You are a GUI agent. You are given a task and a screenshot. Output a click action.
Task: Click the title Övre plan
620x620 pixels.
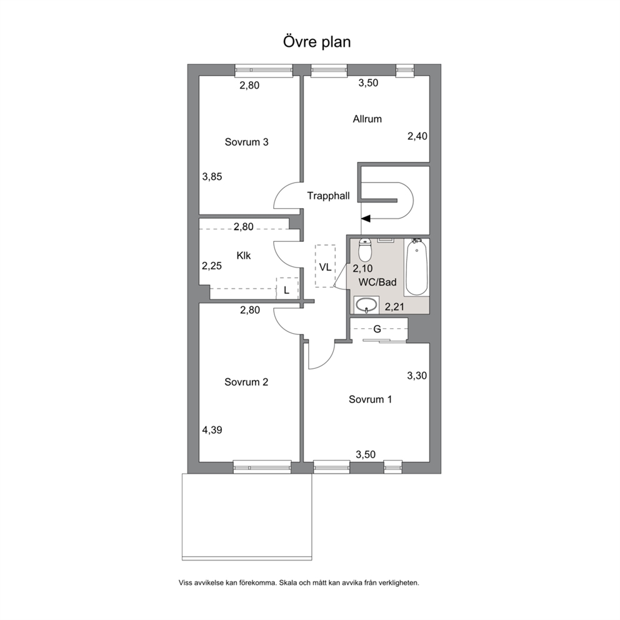317,42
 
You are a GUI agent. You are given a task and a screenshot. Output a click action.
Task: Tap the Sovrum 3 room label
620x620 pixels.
247,142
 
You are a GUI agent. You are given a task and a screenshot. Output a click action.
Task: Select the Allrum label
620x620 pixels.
367,119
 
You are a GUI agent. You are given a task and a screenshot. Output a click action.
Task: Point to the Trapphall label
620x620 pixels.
329,196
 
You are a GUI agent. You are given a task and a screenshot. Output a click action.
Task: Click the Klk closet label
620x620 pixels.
244,256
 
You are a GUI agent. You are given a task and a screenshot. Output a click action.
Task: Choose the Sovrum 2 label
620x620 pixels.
246,382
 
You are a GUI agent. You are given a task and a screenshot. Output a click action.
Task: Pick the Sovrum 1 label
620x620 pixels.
370,399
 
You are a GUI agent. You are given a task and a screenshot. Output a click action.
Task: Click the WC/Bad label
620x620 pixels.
377,282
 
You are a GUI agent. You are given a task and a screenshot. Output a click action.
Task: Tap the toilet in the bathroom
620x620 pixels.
364,249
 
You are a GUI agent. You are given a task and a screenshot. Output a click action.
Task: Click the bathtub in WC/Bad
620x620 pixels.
417,267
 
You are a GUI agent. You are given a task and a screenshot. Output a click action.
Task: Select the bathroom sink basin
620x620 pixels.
366,305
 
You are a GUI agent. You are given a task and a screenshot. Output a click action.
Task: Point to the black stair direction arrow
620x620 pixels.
366,218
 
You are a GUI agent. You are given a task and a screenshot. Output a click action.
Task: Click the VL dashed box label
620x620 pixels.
325,267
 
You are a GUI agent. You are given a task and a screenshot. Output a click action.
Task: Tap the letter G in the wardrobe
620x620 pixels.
377,329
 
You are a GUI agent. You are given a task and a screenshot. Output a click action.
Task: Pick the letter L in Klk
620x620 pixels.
287,290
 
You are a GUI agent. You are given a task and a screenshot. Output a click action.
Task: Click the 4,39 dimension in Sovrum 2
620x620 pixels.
212,430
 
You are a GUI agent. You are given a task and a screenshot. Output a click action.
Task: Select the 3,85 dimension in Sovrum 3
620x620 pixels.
212,177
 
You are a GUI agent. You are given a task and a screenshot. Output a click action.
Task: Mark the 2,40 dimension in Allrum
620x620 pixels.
417,136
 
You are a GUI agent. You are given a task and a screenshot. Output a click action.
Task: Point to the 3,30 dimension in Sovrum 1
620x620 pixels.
417,375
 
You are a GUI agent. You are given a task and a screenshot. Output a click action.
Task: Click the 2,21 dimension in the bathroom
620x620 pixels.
394,306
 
